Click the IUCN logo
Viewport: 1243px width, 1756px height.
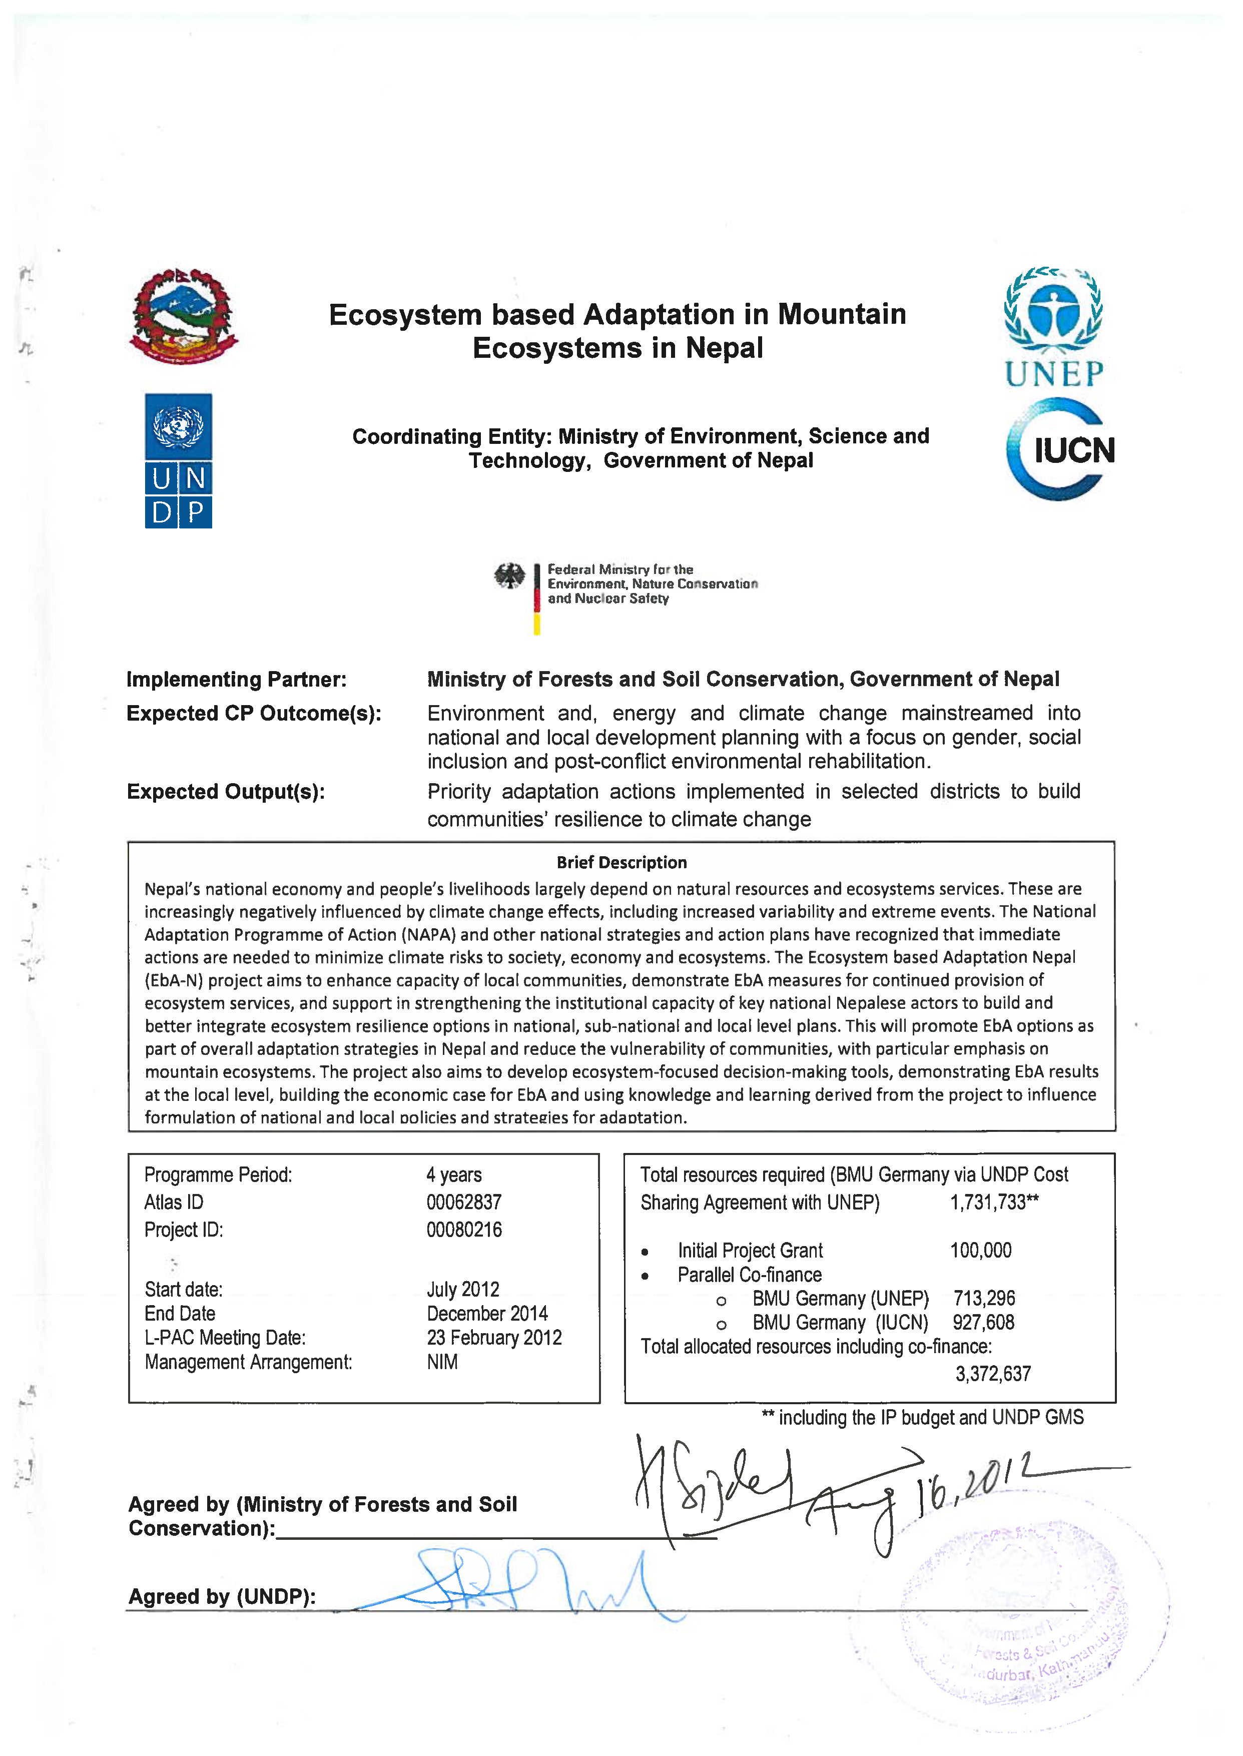pyautogui.click(x=1060, y=449)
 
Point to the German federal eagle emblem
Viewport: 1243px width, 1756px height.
pyautogui.click(x=509, y=575)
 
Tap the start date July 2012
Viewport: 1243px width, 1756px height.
pyautogui.click(x=462, y=1289)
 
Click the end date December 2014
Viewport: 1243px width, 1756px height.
pyautogui.click(x=487, y=1314)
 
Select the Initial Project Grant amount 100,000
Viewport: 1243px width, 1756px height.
pyautogui.click(x=980, y=1250)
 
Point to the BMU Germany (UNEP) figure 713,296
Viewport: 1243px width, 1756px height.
pyautogui.click(x=983, y=1298)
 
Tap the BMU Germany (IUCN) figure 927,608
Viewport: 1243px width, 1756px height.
pyautogui.click(x=983, y=1322)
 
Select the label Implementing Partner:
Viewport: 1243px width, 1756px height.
pyautogui.click(x=236, y=679)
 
